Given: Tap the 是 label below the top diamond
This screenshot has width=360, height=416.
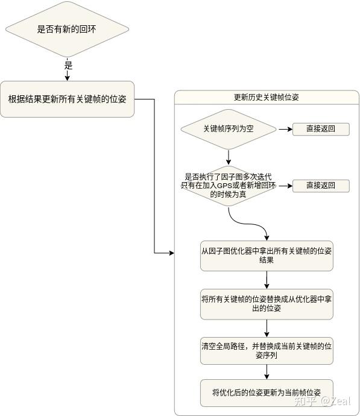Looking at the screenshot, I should click(68, 65).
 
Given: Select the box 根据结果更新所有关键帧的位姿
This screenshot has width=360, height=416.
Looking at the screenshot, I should click(67, 99).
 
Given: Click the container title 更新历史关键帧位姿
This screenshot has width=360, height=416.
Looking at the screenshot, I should click(266, 97).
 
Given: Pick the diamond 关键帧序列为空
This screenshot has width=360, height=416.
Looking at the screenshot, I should click(229, 129).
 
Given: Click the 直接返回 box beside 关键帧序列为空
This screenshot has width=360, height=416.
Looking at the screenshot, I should click(320, 129).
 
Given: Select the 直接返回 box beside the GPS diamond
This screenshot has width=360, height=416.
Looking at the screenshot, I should click(320, 186).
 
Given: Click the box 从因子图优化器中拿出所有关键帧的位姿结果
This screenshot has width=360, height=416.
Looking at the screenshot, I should click(267, 256).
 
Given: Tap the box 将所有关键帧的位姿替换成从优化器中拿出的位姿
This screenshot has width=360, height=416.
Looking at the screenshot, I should click(267, 303).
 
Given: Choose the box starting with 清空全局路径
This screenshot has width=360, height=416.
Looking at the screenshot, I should click(267, 351).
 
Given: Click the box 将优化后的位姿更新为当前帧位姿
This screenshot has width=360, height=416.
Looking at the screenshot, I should click(267, 392).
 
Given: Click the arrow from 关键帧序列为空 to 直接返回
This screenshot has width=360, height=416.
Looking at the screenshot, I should click(285, 129).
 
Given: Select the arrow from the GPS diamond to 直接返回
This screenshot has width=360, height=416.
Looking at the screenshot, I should click(285, 186).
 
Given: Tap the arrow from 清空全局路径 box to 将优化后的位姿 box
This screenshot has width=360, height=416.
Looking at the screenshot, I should click(267, 372).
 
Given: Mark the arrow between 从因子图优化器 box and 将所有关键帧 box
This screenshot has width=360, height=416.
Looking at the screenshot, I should click(267, 280).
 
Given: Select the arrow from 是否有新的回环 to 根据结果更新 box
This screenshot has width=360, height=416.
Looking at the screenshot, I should click(68, 75).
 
